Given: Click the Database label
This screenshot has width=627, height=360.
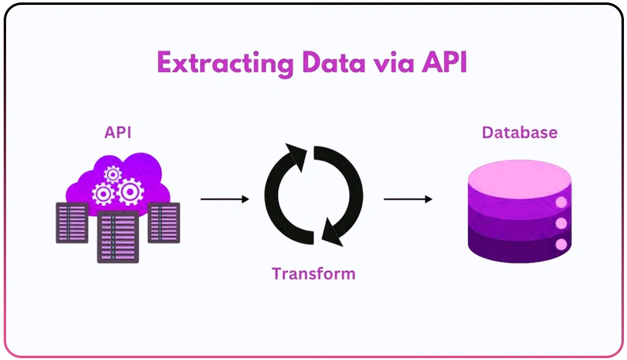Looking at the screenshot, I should (x=519, y=133).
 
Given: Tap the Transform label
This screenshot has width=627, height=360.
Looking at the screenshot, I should (x=313, y=273).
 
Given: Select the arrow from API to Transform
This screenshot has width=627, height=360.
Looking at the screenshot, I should (x=224, y=199).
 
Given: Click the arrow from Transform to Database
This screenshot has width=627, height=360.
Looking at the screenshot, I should (x=408, y=199).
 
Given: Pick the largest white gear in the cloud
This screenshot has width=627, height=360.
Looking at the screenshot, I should (x=130, y=191).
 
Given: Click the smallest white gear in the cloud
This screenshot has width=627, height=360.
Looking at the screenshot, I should (x=113, y=175).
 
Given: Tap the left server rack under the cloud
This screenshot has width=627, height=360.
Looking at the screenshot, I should (x=71, y=222).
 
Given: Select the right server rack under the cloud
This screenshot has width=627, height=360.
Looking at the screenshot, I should (x=164, y=222).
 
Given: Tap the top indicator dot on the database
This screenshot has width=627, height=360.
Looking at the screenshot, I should (x=561, y=203).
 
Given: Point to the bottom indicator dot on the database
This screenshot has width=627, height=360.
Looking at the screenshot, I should (x=561, y=245).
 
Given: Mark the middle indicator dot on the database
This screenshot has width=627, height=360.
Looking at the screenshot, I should (x=561, y=224).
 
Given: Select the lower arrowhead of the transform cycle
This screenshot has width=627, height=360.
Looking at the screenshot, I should (x=331, y=232).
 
